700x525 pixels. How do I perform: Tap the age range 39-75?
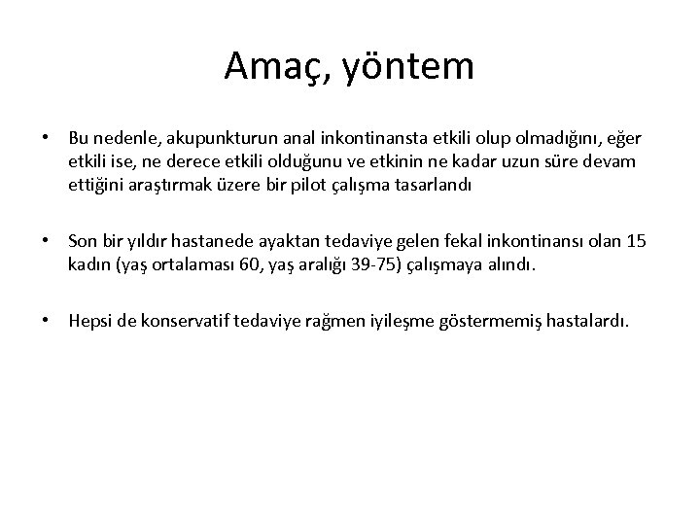344,263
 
